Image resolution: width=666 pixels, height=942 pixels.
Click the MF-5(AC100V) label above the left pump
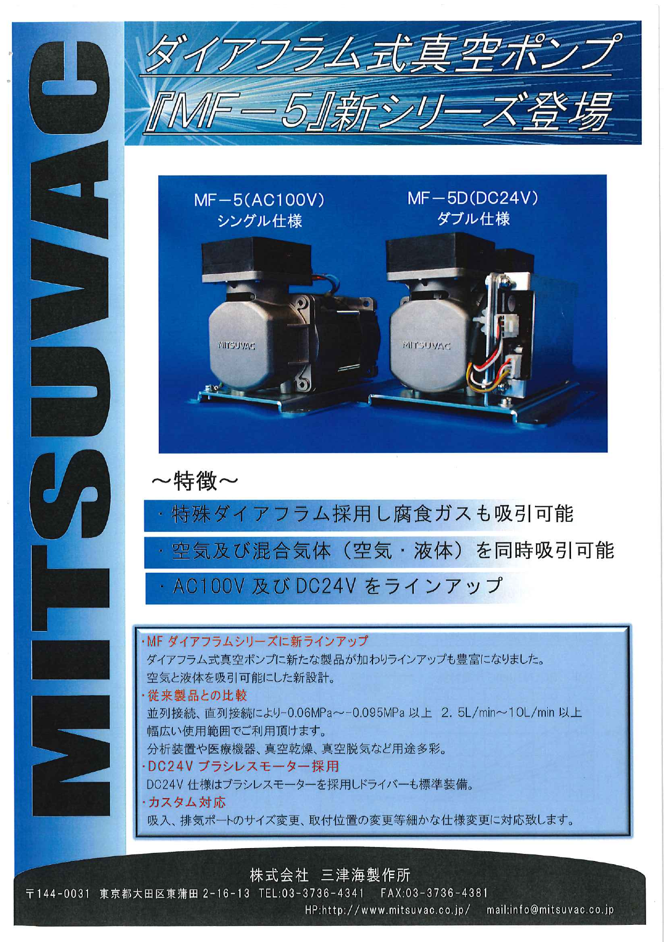point(259,201)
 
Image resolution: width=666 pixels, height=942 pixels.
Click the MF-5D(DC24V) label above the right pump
point(472,199)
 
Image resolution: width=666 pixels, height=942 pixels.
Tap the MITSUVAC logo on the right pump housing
point(427,346)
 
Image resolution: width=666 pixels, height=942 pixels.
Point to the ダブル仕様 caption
point(473,219)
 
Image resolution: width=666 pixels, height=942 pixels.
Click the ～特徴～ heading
point(194,480)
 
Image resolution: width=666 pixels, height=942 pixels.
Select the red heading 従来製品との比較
point(197,696)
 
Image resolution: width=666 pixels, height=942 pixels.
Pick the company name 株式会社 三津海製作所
point(330,875)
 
